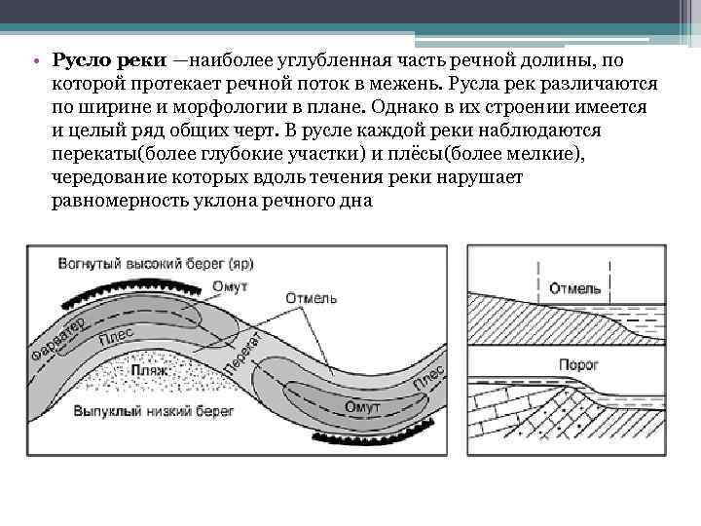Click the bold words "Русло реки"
[x=109, y=61]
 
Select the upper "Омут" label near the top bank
[x=229, y=286]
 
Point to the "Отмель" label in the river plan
[x=312, y=297]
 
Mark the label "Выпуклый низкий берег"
[x=154, y=412]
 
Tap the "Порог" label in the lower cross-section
[x=578, y=362]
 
